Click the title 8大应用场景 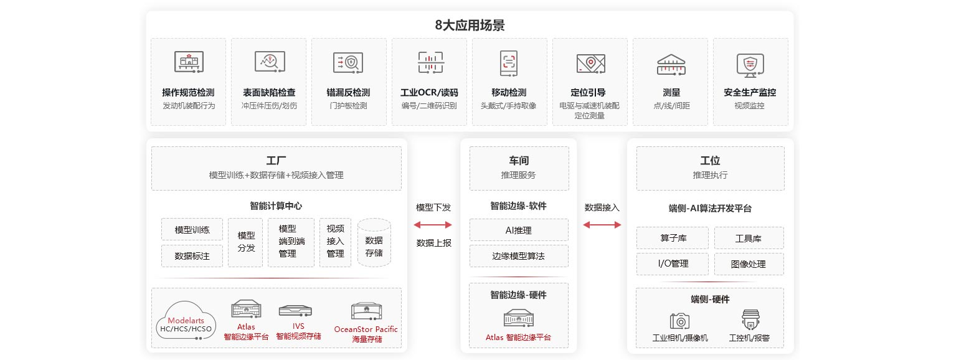[x=470, y=25]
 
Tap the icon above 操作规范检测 [x=189, y=62]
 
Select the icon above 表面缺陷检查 [x=270, y=62]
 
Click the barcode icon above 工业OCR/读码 [x=430, y=62]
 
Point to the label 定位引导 [x=588, y=92]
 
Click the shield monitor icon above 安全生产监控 [x=750, y=65]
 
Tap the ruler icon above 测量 [x=671, y=65]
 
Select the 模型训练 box [x=192, y=229]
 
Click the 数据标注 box [x=192, y=256]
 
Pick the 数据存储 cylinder [x=374, y=242]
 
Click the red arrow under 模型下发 [x=433, y=225]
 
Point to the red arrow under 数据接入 [x=602, y=225]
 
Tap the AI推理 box [x=519, y=230]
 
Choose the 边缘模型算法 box [x=519, y=256]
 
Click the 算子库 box [x=672, y=238]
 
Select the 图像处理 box [x=749, y=264]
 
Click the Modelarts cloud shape [x=186, y=320]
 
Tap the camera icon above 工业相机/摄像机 [x=679, y=321]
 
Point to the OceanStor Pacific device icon [x=366, y=311]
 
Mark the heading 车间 [x=519, y=161]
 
